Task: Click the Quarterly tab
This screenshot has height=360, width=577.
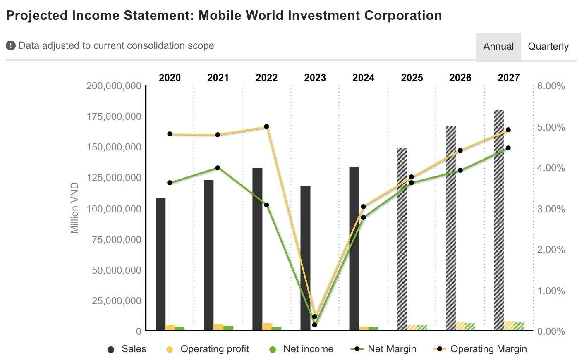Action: [x=548, y=46]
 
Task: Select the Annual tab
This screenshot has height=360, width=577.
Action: [x=498, y=46]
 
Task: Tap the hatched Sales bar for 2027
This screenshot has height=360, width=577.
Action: [x=499, y=219]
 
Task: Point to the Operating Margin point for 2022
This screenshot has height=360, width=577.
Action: [x=267, y=126]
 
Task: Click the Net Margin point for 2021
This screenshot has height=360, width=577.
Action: [x=218, y=168]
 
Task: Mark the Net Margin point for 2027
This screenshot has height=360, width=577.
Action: [x=508, y=148]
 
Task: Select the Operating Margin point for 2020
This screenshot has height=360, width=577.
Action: [x=170, y=134]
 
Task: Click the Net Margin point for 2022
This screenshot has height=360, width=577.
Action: [x=267, y=205]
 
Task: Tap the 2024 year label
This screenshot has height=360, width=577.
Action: [x=364, y=78]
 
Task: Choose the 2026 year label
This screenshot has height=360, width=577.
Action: [x=460, y=78]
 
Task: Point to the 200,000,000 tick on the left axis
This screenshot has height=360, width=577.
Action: [x=114, y=86]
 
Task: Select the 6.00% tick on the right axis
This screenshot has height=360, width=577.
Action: [x=551, y=86]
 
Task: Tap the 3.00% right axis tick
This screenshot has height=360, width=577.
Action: [x=551, y=209]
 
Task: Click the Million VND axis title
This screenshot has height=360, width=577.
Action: [x=74, y=208]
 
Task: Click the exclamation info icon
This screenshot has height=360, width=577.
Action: [x=11, y=45]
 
